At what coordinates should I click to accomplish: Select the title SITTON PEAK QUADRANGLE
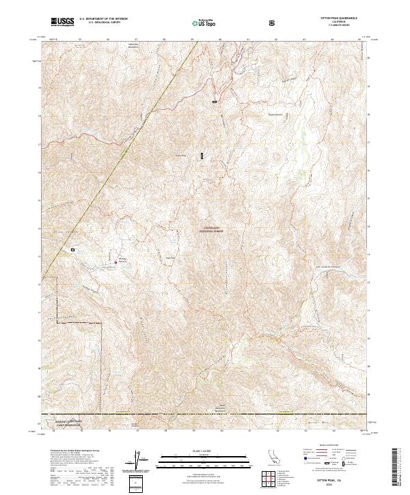coord(333,18)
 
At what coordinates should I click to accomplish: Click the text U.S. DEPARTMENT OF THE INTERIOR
coord(103,19)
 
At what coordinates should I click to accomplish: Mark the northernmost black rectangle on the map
coord(215,102)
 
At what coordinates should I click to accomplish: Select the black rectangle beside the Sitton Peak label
coord(202,156)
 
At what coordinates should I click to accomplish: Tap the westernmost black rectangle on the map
coord(72,251)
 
